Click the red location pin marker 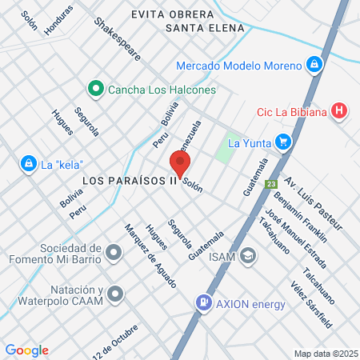180,164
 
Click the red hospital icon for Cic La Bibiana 341,111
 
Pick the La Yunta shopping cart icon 282,143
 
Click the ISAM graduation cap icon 249,256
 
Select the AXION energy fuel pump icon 204,303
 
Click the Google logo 26,350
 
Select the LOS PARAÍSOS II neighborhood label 129,181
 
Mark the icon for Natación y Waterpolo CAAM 115,294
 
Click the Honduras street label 58,19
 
